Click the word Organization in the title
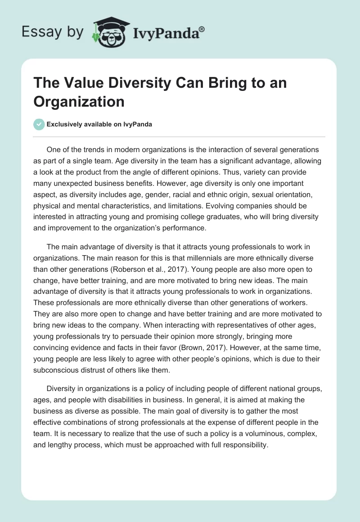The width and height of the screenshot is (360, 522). coord(79,102)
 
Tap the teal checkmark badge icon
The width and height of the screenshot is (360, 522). coord(39,124)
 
